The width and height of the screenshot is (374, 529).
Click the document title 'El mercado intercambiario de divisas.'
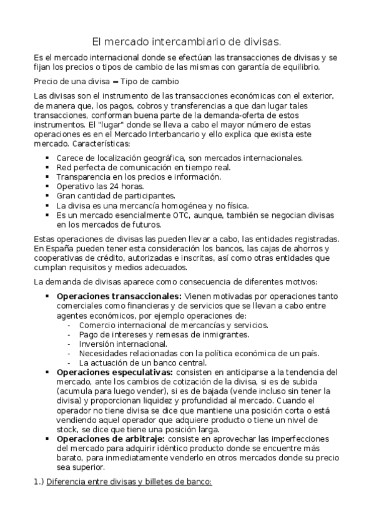click(x=187, y=42)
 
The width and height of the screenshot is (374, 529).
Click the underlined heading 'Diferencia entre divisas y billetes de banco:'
click(x=129, y=482)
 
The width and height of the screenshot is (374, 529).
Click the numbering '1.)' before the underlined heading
click(x=38, y=482)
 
